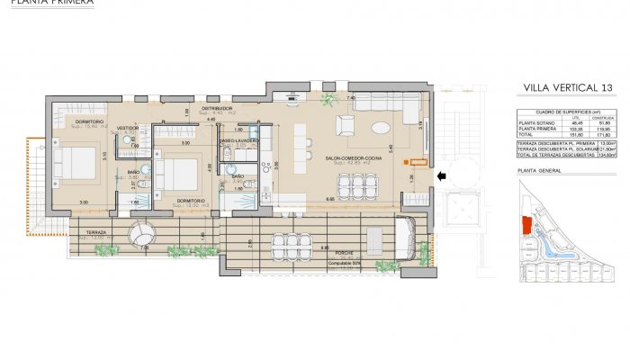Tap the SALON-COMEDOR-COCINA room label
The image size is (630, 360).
pos(352,157)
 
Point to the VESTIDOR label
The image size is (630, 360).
pos(128,128)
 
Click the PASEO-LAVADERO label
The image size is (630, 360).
pos(239,140)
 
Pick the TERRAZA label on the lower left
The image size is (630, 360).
pos(96,232)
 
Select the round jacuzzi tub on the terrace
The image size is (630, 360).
pos(141,236)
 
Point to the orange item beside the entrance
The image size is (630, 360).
pos(416,163)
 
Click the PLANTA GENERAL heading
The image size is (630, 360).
pos(540,170)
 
